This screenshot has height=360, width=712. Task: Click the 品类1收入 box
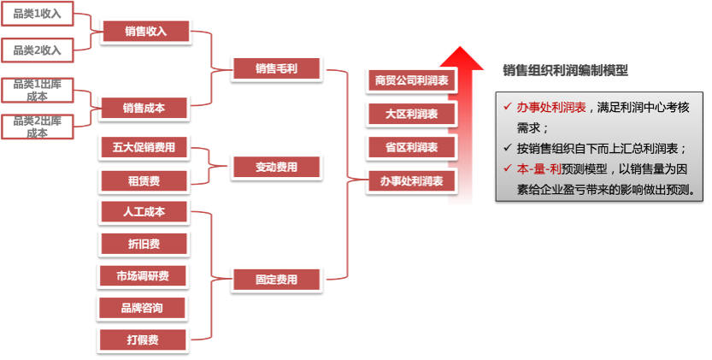(38, 15)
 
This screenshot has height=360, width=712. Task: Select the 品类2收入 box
(38, 50)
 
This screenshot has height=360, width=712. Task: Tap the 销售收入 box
(144, 32)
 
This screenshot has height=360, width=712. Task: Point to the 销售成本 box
(144, 108)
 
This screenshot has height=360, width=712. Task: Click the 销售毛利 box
(276, 68)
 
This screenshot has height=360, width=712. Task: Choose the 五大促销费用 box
(144, 147)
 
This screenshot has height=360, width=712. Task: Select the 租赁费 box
(144, 180)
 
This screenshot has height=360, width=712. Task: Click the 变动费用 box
(276, 167)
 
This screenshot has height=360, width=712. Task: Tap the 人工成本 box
(144, 211)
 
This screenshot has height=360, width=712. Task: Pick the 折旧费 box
(144, 244)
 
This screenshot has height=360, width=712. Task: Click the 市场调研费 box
(144, 275)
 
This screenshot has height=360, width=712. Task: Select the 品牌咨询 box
(144, 307)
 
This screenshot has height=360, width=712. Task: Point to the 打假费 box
(144, 339)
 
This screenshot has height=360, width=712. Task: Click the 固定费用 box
(276, 279)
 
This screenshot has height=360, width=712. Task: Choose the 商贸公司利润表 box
(411, 80)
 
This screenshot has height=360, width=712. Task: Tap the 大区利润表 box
(411, 114)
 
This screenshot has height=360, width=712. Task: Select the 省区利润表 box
(411, 147)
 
